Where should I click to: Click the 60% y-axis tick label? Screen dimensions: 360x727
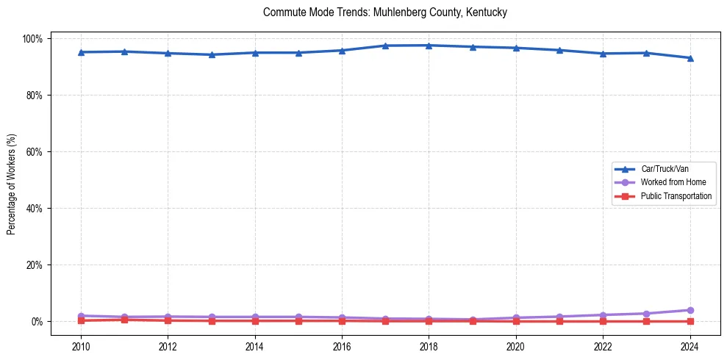tap(35, 151)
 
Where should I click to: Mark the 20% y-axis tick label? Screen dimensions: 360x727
tap(35, 264)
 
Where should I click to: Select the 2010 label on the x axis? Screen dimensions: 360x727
tap(81, 346)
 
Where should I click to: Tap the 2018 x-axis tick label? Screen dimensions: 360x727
tap(429, 346)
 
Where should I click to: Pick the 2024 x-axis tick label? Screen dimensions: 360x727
tap(690, 346)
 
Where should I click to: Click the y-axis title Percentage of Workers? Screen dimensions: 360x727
tap(12, 180)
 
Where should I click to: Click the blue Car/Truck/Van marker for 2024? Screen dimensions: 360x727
tap(690, 58)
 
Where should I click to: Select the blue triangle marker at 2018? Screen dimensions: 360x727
tap(429, 46)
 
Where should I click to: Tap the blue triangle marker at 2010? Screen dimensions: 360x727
tap(81, 52)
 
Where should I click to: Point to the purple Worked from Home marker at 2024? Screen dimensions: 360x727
tap(690, 310)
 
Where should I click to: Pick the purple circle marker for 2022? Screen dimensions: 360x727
tap(603, 315)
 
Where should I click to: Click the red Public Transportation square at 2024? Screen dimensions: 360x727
tap(690, 321)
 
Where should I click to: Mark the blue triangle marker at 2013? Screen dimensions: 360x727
tap(212, 54)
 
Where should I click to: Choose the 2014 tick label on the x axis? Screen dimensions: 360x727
tap(255, 346)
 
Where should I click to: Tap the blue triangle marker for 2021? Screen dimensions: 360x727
tap(559, 50)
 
